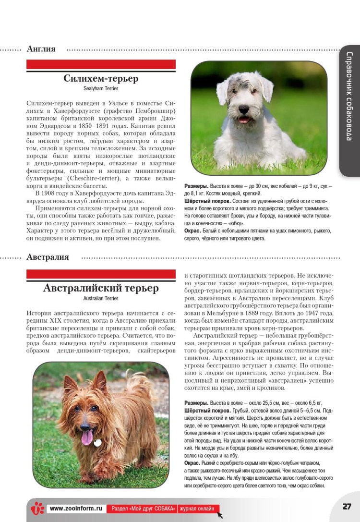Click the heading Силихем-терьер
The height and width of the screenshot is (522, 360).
click(101, 79)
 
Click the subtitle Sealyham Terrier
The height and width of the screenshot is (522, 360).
click(101, 89)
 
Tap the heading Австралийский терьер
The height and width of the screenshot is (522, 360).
click(101, 288)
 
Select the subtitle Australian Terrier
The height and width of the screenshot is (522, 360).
click(101, 298)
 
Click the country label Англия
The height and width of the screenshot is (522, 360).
click(41, 49)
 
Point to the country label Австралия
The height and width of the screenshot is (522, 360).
click(48, 257)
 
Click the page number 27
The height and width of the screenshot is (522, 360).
click(347, 507)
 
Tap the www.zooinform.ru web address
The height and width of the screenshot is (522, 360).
click(76, 508)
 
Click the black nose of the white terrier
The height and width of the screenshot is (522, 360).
click(244, 109)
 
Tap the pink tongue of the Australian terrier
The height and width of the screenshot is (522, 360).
click(87, 437)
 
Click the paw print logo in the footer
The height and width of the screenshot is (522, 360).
click(37, 508)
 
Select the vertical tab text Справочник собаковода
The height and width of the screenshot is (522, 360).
click(350, 96)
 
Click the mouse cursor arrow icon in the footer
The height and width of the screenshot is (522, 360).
click(220, 514)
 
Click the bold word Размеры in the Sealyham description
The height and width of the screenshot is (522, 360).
click(196, 186)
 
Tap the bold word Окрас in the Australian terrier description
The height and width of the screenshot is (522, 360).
click(193, 462)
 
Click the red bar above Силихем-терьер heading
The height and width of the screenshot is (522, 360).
click(101, 64)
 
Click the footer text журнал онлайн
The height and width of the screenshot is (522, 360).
click(198, 508)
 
